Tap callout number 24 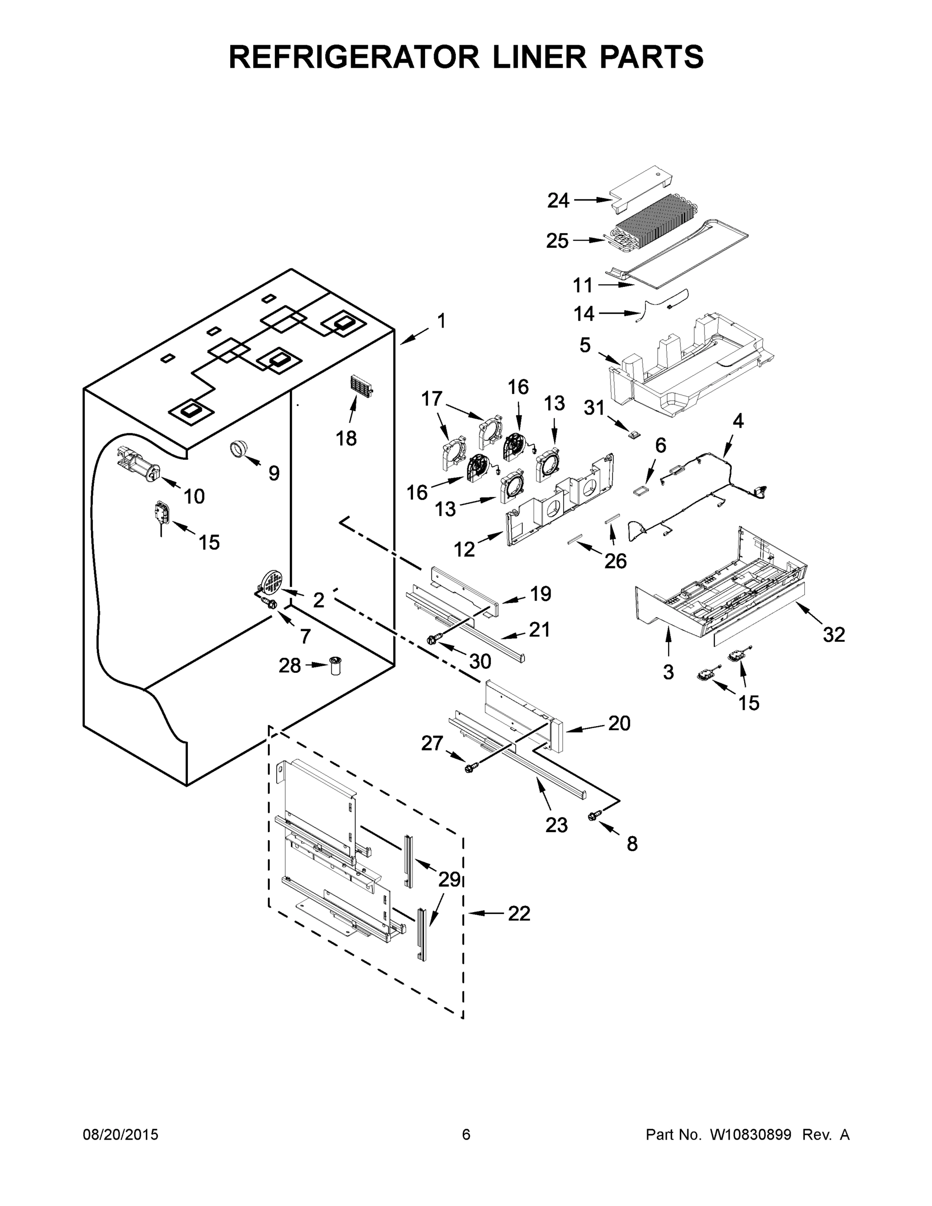coord(558,200)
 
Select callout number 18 coord(346,439)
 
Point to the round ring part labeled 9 coord(239,449)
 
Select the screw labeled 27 coord(470,767)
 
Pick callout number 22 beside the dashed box coord(519,914)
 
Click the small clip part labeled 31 coord(635,434)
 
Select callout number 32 coord(834,635)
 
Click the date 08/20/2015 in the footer coord(121,1135)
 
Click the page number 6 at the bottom coord(466,1135)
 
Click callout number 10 coord(194,496)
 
